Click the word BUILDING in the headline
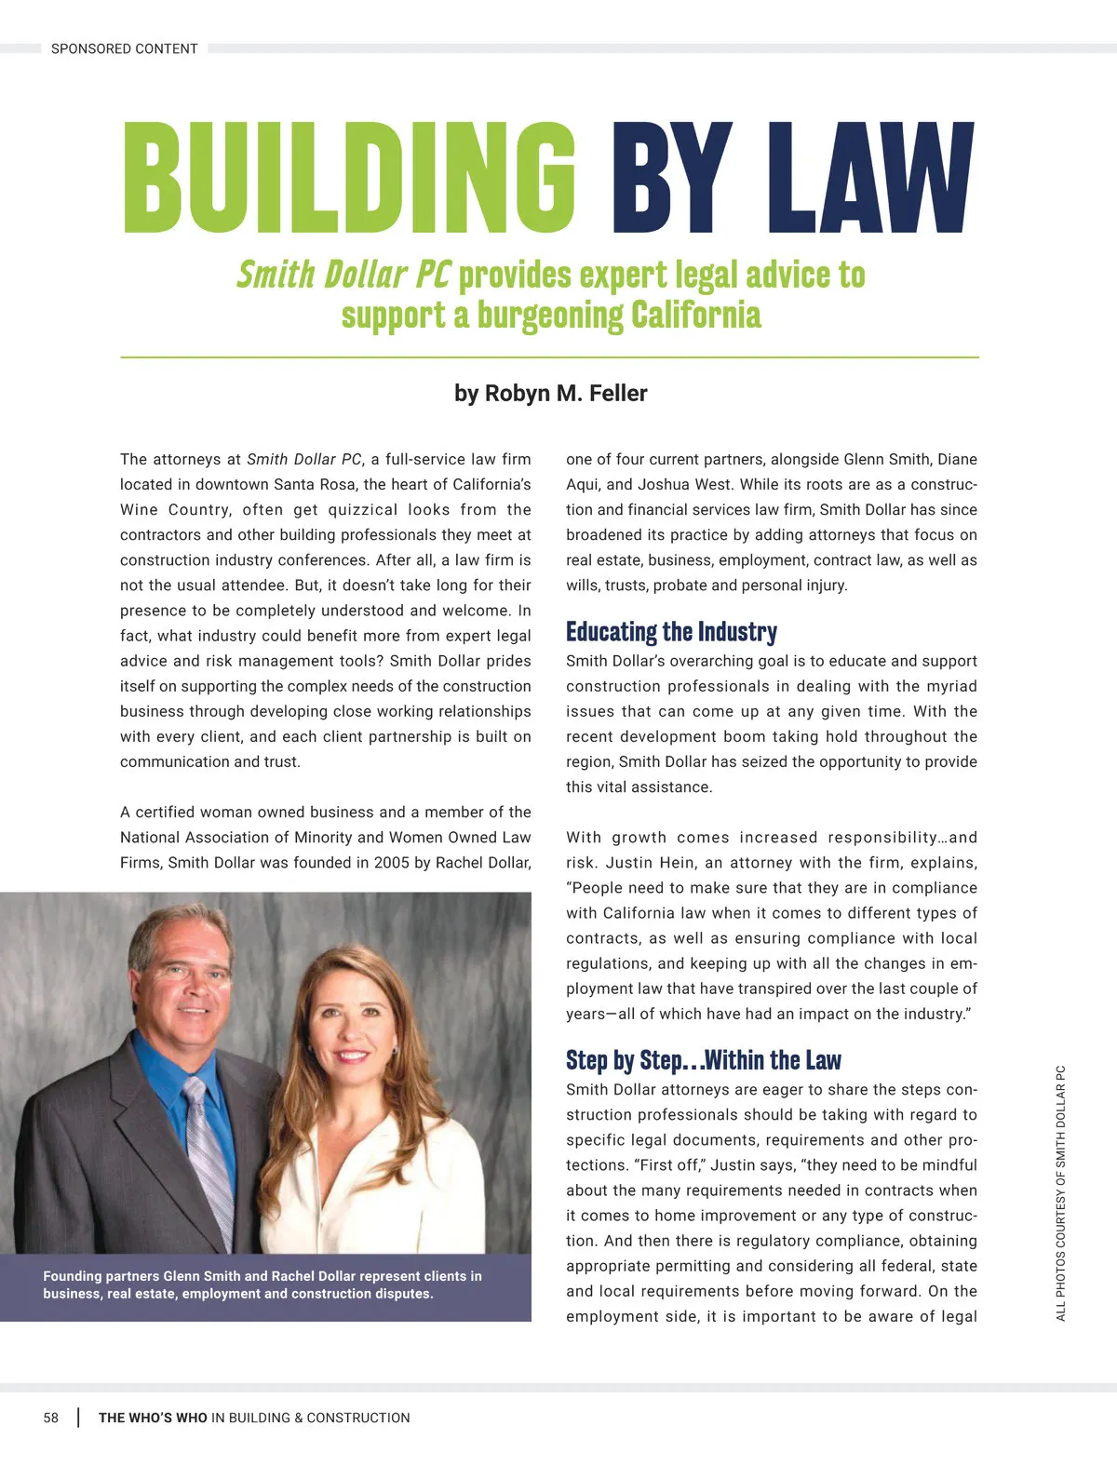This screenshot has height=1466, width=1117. click(x=349, y=178)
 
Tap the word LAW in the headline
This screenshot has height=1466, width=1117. click(x=870, y=178)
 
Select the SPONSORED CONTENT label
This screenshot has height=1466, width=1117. click(x=124, y=48)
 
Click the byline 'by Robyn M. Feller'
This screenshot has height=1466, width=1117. click(x=550, y=393)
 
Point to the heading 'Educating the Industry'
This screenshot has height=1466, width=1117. click(x=671, y=632)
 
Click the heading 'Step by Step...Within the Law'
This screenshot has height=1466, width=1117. click(x=703, y=1060)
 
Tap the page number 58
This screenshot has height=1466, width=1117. click(x=51, y=1418)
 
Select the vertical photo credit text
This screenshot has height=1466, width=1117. click(x=1060, y=1192)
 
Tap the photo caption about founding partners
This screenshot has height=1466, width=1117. click(x=262, y=1284)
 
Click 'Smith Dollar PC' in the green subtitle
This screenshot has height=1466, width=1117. click(x=343, y=275)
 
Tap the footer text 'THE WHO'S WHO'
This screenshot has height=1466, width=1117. click(x=153, y=1418)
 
